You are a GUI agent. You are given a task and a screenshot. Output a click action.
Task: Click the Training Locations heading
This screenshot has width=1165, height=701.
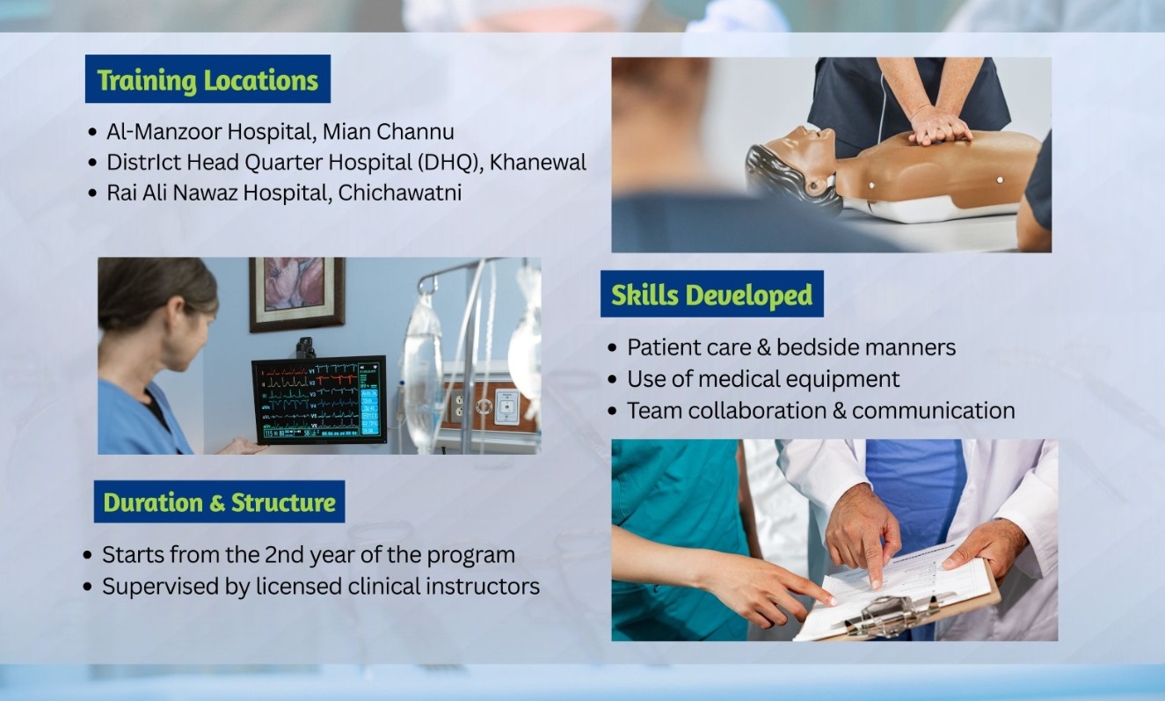[208, 80]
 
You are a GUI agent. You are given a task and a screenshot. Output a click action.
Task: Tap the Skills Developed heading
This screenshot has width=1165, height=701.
[711, 295]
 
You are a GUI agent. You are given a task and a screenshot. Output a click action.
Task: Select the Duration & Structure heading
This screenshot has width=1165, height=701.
[219, 502]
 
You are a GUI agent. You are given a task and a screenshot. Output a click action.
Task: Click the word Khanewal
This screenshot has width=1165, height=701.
[538, 163]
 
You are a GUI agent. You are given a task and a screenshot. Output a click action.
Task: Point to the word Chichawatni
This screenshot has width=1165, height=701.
[399, 193]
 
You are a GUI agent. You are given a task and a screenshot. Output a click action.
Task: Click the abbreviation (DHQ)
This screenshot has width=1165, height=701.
[448, 163]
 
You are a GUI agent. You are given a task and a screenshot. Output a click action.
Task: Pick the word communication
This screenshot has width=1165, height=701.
[933, 411]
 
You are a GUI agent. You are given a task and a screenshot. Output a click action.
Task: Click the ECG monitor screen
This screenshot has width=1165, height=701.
[319, 400]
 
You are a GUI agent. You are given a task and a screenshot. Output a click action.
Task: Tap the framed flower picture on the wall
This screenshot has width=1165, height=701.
[297, 294]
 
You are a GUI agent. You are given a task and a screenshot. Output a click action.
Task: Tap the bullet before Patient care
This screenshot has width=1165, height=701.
[612, 347]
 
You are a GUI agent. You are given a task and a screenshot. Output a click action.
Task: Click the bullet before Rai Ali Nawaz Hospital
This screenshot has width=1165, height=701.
[92, 194]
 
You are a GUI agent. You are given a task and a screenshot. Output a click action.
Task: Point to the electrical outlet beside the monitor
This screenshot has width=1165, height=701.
[457, 405]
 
